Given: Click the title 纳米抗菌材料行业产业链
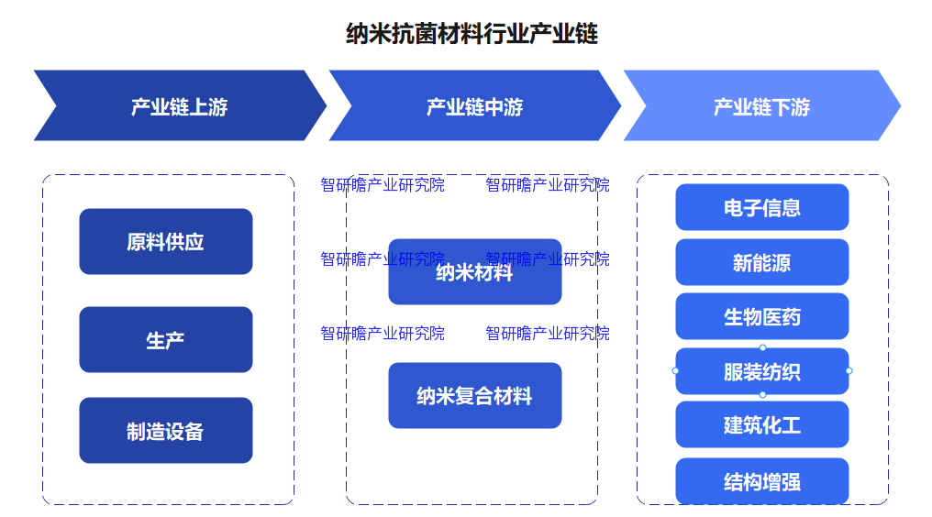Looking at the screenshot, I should coord(472,35).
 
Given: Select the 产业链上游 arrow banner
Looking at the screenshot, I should coord(179,106).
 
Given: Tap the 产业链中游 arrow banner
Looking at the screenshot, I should coord(474,106).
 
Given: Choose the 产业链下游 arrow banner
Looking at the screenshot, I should coord(761,106).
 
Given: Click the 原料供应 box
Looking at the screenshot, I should coord(165,242).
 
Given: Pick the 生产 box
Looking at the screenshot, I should coord(165,340).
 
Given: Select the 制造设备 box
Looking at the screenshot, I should coord(165,431).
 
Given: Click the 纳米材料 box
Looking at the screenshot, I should coord(474,272).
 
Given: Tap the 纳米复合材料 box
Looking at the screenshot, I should coord(474,396).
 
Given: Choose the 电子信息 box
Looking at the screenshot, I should coord(761,207).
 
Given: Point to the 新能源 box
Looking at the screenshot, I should coord(761,262).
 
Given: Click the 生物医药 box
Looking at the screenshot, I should coord(761,316).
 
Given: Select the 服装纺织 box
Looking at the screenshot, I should coord(761,371).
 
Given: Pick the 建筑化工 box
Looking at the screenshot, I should coord(761,425).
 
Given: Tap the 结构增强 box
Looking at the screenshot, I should coord(761,481).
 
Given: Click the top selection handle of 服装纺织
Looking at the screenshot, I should coord(762,347).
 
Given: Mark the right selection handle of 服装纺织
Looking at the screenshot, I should coord(849,370).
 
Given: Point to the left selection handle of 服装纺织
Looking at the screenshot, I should coord(676,370).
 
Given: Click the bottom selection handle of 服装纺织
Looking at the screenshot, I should coord(762,394).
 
